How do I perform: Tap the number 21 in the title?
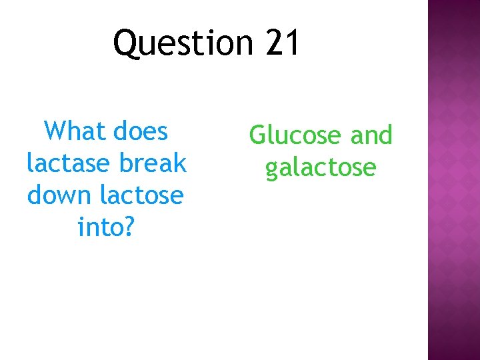pyautogui.click(x=283, y=43)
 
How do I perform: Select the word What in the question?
pyautogui.click(x=71, y=131)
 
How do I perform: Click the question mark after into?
pyautogui.click(x=129, y=227)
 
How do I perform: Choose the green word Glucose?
pyautogui.click(x=293, y=135)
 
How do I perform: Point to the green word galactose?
pyautogui.click(x=321, y=168)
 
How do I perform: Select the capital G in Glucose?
pyautogui.click(x=258, y=135)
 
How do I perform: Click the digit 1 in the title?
pyautogui.click(x=292, y=43)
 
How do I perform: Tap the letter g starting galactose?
pyautogui.click(x=271, y=169)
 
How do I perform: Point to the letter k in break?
pyautogui.click(x=179, y=163)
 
